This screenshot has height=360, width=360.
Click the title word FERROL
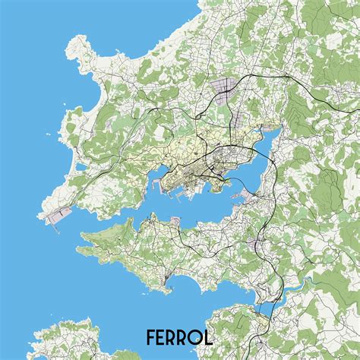180,336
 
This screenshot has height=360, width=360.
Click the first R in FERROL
174,336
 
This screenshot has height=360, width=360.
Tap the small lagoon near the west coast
78,167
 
